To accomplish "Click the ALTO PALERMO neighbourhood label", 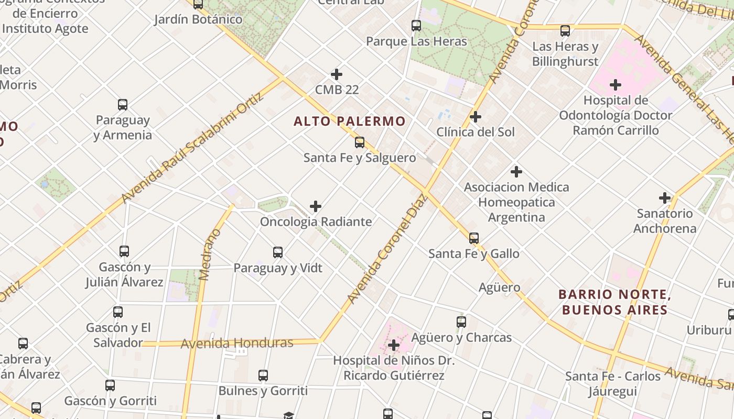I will coord(349,122).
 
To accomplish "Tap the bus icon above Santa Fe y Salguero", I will coord(359,142).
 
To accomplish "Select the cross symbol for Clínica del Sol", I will coord(476,116).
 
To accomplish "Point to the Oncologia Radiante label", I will coord(316,222).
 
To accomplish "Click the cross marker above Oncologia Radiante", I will coord(315,206).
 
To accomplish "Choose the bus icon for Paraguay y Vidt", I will coord(278,252).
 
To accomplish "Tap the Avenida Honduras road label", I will coord(237,344).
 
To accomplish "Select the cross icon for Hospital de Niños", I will coord(394,345).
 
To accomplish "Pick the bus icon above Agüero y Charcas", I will coord(461,322).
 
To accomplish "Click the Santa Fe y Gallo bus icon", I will coord(474,238).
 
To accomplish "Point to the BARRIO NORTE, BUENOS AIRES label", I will coord(614,302).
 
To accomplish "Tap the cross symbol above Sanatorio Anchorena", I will coord(665,198).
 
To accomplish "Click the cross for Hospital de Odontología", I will coord(616,84).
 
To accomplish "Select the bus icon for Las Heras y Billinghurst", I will coord(565,31).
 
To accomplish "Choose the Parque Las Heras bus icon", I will coord(416,25).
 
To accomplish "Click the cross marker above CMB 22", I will coord(337,74).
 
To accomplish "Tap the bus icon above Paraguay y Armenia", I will coord(122,105).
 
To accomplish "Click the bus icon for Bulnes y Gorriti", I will coord(263,376).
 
